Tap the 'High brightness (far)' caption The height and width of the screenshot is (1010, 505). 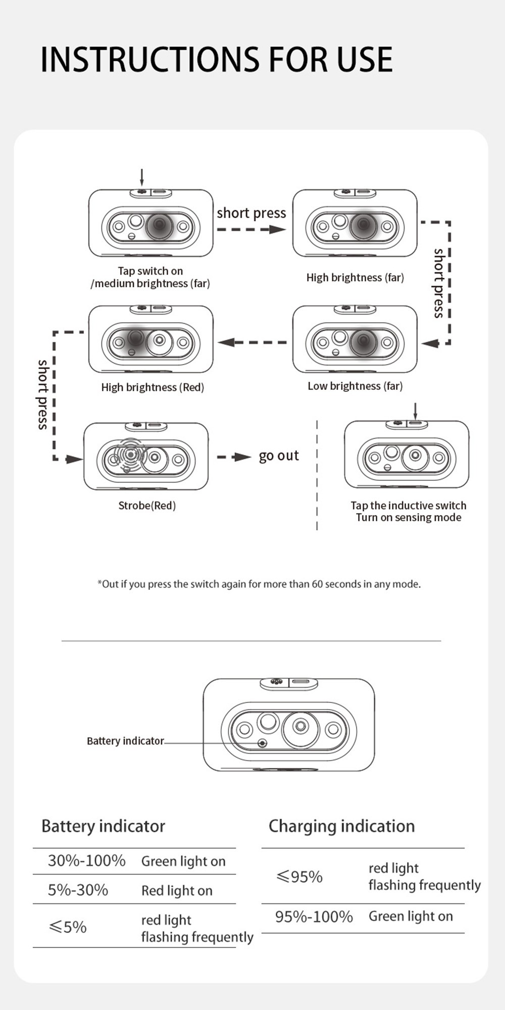[355, 277]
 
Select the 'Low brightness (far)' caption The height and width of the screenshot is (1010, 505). [355, 386]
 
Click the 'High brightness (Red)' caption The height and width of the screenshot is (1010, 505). [153, 387]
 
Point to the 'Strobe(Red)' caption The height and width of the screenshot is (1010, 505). [147, 506]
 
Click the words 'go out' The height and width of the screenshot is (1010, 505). [279, 456]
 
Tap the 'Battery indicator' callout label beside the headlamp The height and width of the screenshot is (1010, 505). [125, 741]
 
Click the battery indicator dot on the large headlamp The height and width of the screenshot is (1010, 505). [262, 743]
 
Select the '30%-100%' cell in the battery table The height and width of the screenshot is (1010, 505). [86, 861]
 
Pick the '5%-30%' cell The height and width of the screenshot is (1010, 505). [78, 890]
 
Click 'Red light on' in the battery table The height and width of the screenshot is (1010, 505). [177, 890]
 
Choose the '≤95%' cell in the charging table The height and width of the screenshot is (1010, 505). [299, 877]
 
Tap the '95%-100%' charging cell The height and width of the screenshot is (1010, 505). [314, 917]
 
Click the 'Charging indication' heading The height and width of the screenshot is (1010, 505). [341, 826]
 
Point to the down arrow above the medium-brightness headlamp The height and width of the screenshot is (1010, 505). [142, 178]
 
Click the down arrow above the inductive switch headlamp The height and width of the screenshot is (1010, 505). [415, 411]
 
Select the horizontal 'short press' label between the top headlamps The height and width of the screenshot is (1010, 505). [251, 213]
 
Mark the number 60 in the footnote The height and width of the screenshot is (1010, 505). [317, 584]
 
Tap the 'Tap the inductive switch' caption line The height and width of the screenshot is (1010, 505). [409, 506]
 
